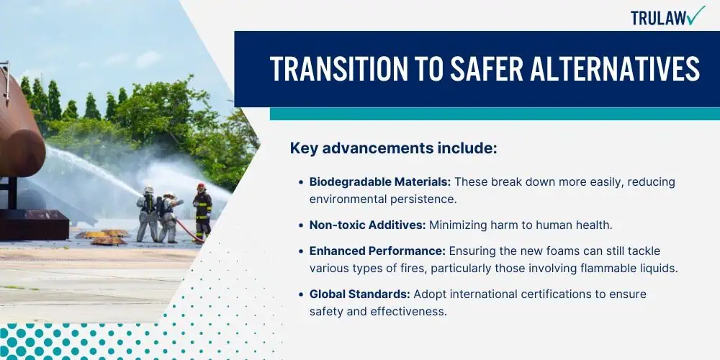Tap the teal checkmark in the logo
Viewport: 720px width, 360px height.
point(696,15)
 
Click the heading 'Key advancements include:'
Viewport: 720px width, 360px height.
point(394,148)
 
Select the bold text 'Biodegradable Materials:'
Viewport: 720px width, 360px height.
point(380,182)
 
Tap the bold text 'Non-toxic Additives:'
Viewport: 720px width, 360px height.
point(368,225)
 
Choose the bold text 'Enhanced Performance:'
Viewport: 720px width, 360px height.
point(377,251)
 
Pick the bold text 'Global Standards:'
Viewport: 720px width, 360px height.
point(359,294)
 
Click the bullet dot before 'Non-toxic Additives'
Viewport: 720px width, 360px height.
point(301,225)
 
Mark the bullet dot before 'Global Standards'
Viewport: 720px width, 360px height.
point(301,294)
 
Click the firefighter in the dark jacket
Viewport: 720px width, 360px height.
point(202,212)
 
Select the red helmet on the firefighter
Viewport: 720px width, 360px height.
point(201,186)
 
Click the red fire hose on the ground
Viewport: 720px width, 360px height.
point(188,231)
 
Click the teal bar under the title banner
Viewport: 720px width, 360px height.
point(495,114)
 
